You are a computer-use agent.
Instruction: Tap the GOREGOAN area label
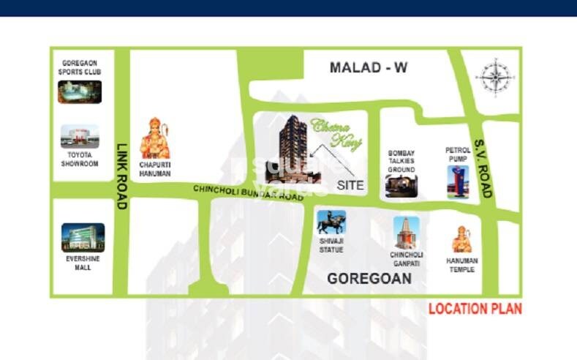coord(369,279)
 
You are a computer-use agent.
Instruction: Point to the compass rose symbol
coord(494,78)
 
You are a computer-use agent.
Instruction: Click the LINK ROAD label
coord(121,176)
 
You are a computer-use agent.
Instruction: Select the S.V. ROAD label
coord(483,168)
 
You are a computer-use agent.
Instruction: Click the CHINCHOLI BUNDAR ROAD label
coord(248,193)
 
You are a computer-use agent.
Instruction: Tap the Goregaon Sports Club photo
coord(80,91)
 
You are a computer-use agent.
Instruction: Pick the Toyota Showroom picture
coord(80,136)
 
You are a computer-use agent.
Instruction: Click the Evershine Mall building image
coord(83,238)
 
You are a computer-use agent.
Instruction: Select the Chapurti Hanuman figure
coord(154,138)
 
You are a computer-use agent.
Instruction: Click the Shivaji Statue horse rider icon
coord(331,222)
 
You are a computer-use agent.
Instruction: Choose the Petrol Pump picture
coord(456,181)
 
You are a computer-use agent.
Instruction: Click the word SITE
coord(350,185)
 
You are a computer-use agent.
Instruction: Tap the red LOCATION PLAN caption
coord(475,308)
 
